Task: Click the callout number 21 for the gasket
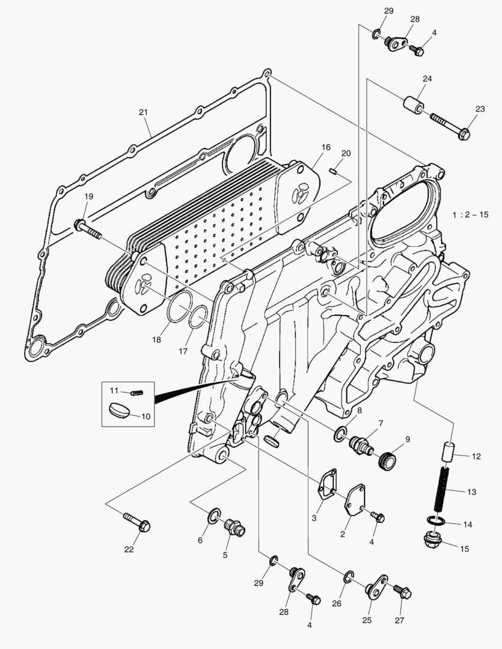pyautogui.click(x=143, y=112)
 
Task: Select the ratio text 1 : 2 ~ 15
pyautogui.click(x=471, y=215)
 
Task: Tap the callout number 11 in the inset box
pyautogui.click(x=114, y=391)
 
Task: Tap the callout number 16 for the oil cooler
pyautogui.click(x=325, y=147)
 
